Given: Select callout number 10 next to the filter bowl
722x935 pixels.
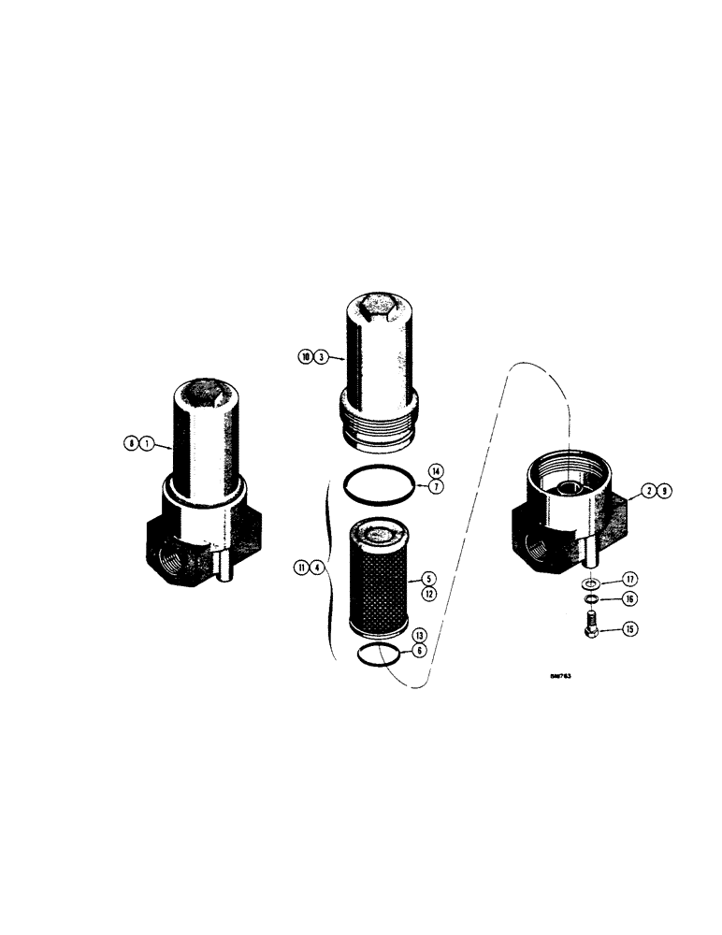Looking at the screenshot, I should coord(305,356).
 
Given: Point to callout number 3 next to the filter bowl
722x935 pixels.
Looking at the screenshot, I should coord(321,356).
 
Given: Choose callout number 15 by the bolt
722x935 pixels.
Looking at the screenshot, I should coord(630,630).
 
